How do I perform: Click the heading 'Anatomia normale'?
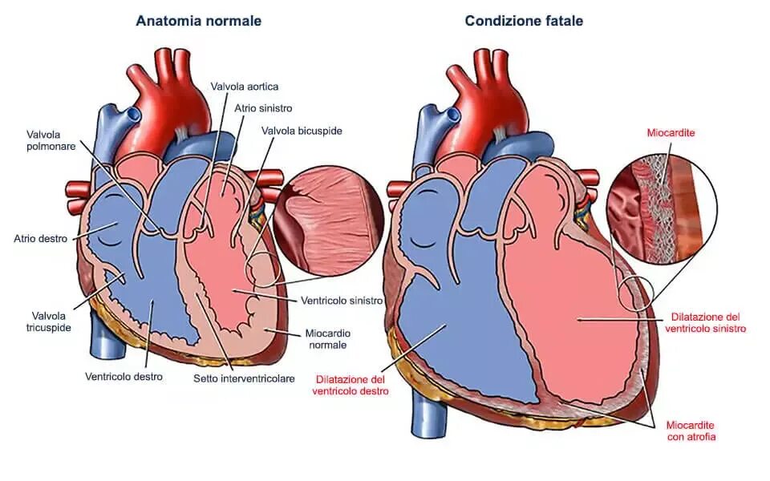coord(198,21)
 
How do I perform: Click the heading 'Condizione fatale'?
coord(524,21)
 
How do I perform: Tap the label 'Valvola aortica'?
coord(245,86)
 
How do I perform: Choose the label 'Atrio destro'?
coord(39,238)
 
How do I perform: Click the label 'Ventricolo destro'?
coord(124,376)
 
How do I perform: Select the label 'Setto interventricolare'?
coord(244,378)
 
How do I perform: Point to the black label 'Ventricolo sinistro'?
coord(341,301)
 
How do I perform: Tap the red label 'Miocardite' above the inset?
coord(671,133)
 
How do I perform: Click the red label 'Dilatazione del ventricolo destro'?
coord(351,385)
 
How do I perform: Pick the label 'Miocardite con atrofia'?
coord(691,430)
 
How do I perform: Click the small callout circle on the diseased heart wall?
coord(638,293)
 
